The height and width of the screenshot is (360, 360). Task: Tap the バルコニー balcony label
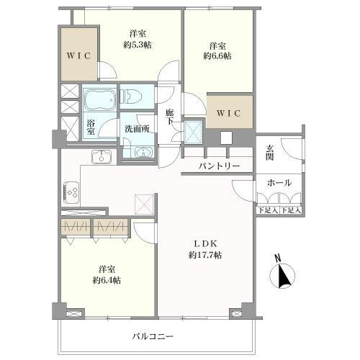[153, 336]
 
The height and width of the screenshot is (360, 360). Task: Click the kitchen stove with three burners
[73, 192]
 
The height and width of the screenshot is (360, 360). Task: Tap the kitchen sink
[100, 157]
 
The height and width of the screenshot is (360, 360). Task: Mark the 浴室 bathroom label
[91, 127]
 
